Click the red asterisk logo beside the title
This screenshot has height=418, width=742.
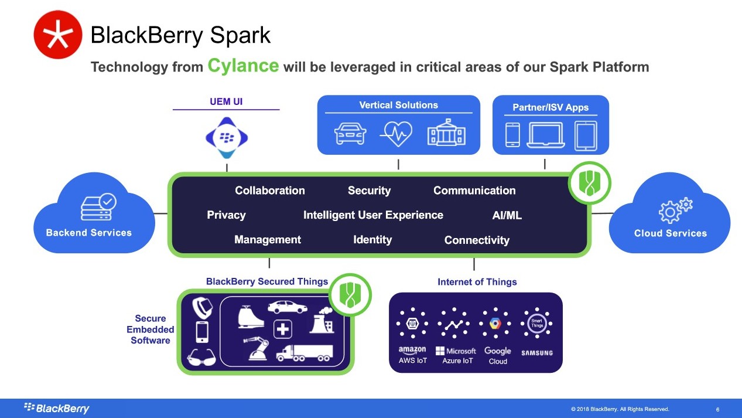pyautogui.click(x=58, y=35)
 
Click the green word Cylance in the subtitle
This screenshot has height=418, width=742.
pyautogui.click(x=243, y=65)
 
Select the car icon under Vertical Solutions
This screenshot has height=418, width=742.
pyautogui.click(x=350, y=132)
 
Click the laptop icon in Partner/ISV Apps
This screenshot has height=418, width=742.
pyautogui.click(x=545, y=134)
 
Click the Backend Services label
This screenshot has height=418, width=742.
pyautogui.click(x=89, y=233)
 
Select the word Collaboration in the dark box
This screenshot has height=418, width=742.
pyautogui.click(x=270, y=191)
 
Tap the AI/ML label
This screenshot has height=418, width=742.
pyautogui.click(x=507, y=215)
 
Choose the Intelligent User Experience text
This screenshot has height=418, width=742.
pyautogui.click(x=373, y=215)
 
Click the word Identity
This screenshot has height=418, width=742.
pyautogui.click(x=372, y=240)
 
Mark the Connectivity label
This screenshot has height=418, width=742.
pyautogui.click(x=477, y=240)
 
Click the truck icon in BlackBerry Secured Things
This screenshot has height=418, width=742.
pyautogui.click(x=305, y=352)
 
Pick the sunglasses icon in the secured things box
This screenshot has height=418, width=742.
pyautogui.click(x=201, y=357)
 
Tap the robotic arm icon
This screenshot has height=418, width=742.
pyautogui.click(x=255, y=350)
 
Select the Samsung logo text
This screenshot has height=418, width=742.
pyautogui.click(x=537, y=353)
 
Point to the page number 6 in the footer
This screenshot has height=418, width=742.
pyautogui.click(x=718, y=409)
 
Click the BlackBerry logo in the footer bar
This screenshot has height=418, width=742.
pyautogui.click(x=57, y=408)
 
